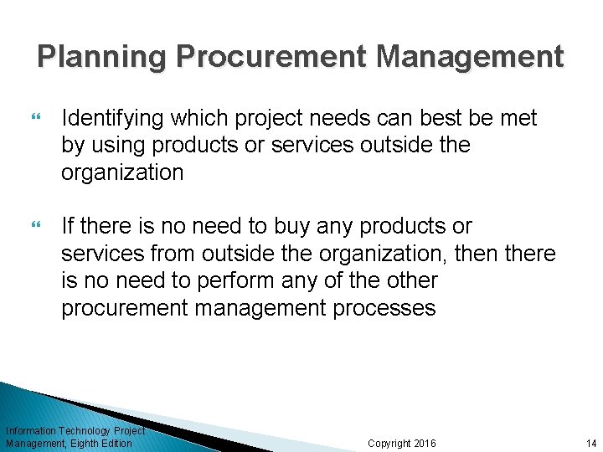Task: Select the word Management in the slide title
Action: pyautogui.click(x=470, y=57)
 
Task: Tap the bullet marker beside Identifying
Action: pyautogui.click(x=34, y=118)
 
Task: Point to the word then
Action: pyautogui.click(x=481, y=254)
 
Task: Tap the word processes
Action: pyautogui.click(x=385, y=308)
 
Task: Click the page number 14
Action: pyautogui.click(x=591, y=443)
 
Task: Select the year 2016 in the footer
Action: pyautogui.click(x=425, y=443)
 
